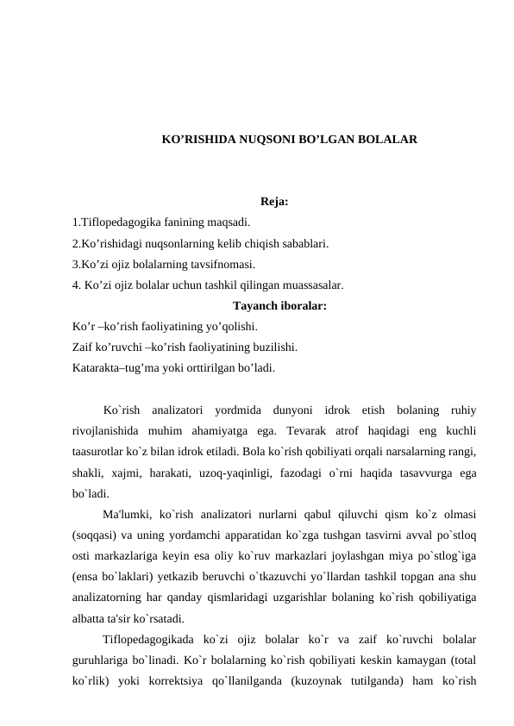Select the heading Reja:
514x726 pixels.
[273, 203]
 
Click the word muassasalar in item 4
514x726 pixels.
[312, 283]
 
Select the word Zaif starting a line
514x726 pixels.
[85, 347]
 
